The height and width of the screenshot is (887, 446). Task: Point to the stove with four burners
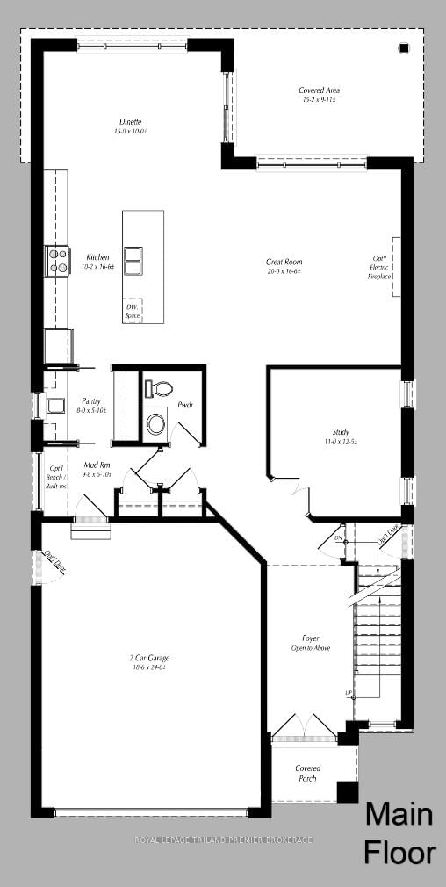pyautogui.click(x=58, y=262)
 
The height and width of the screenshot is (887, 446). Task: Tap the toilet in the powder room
pyautogui.click(x=159, y=387)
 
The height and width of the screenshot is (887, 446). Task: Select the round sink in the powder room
pyautogui.click(x=156, y=424)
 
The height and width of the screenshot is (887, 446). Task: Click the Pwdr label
pyautogui.click(x=185, y=405)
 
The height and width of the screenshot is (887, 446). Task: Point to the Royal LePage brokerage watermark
pyautogui.click(x=223, y=840)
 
